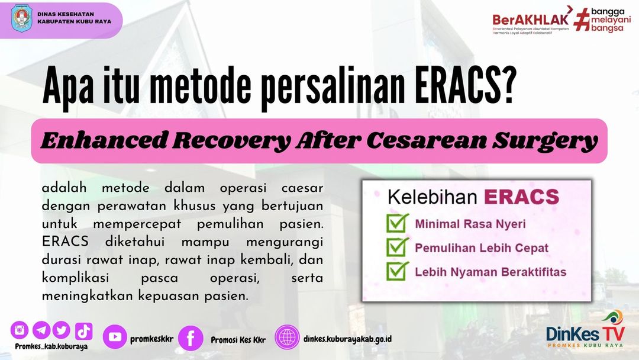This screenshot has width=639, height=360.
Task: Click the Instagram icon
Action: tap(20, 330)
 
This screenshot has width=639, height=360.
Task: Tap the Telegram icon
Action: tap(41, 330)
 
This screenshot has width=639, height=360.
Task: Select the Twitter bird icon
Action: tap(61, 330)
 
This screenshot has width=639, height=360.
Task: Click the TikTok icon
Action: tap(84, 331)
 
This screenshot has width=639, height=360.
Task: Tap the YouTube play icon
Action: tap(115, 337)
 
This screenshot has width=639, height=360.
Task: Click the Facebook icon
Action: tap(191, 338)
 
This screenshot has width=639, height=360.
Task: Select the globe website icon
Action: tap(287, 337)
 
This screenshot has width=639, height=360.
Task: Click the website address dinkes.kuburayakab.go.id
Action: tap(348, 339)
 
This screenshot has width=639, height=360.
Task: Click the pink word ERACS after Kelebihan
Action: tap(522, 197)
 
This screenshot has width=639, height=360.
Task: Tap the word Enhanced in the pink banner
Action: tap(104, 141)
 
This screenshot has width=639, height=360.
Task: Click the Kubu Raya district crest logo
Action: tap(22, 19)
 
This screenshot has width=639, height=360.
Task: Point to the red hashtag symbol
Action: tap(582, 20)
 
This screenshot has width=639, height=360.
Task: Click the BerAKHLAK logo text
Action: tap(531, 19)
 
